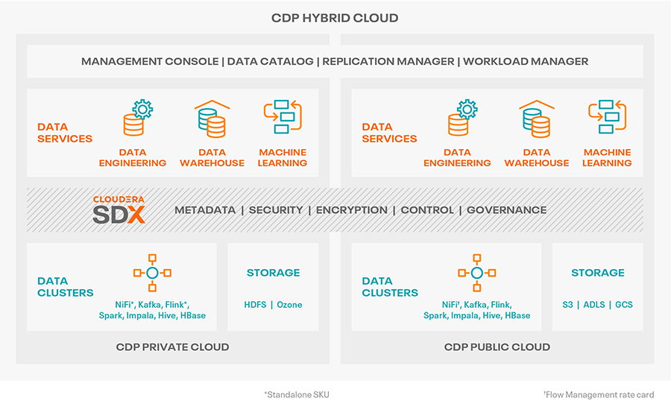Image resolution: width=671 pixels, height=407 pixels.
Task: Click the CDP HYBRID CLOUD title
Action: tap(335, 18)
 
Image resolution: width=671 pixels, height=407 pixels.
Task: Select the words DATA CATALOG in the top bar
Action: tap(270, 61)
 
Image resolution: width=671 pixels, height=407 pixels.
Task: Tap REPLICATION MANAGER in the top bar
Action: tap(388, 61)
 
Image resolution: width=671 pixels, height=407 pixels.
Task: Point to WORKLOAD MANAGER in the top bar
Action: tap(526, 61)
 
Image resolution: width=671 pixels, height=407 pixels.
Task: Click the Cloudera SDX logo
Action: tap(119, 209)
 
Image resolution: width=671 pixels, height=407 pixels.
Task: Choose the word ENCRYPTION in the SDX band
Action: tap(351, 210)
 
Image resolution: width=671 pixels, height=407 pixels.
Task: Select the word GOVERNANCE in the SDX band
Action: tap(507, 210)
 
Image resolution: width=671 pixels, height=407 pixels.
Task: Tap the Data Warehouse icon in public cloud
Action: tap(537, 119)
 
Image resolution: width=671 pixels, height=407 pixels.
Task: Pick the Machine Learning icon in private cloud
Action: tap(283, 116)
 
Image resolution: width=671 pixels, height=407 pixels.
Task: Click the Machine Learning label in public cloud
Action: tap(607, 157)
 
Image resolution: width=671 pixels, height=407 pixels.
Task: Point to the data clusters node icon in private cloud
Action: tap(152, 273)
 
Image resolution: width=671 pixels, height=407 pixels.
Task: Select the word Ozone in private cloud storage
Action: tap(289, 305)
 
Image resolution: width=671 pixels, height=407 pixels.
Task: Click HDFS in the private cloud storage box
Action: tap(255, 305)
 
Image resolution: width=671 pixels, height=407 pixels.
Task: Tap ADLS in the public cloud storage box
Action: tap(594, 305)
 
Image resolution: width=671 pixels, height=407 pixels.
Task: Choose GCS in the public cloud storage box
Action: tap(624, 305)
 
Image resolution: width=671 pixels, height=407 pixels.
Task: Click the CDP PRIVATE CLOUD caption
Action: tap(172, 347)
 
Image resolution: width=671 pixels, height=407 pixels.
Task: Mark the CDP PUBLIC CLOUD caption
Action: tap(497, 347)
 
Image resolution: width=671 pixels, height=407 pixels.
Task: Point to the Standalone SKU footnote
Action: tap(297, 394)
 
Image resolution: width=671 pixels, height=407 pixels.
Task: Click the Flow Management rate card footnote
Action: tap(599, 394)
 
